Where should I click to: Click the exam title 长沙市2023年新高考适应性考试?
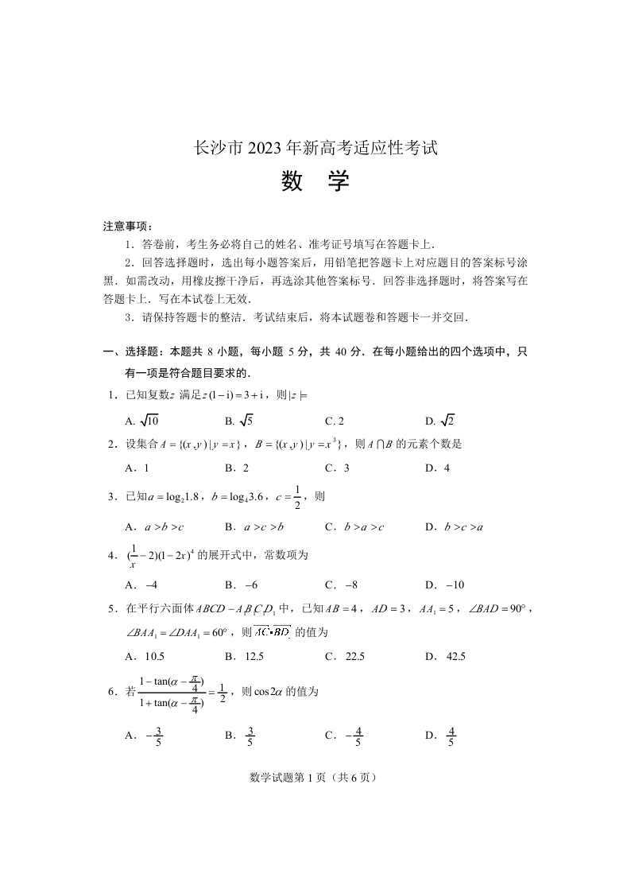315,148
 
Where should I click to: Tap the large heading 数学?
315,182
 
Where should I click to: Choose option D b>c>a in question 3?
455,526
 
